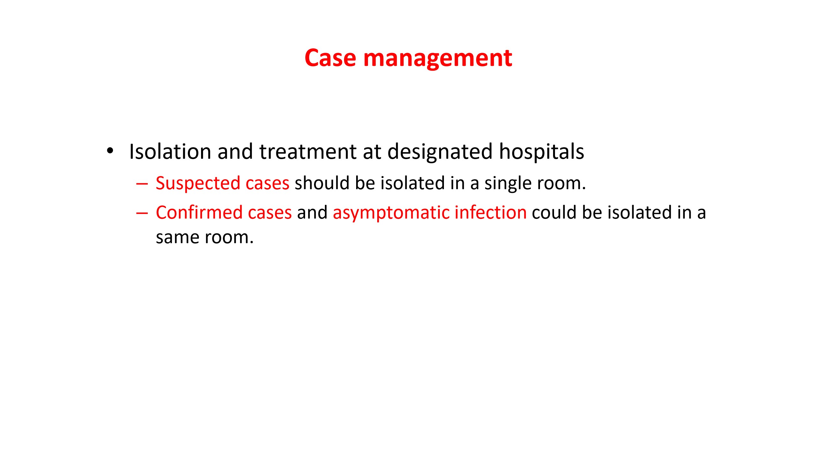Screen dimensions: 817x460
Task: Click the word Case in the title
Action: pos(330,58)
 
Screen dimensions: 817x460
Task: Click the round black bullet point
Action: pos(110,151)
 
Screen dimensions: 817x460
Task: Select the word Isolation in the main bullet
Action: pos(170,151)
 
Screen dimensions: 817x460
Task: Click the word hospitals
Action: pos(542,152)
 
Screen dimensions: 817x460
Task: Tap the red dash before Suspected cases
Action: pos(142,184)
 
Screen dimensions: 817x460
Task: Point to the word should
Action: pos(322,183)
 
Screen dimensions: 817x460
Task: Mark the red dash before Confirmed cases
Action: pos(142,213)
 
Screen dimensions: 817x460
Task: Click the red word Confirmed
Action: pos(199,213)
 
